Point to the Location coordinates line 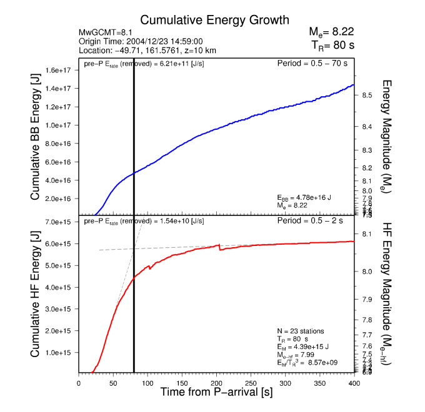click(147, 51)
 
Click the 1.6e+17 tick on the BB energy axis click(59, 70)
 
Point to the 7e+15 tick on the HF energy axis click(59, 222)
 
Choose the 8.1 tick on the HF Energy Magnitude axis click(367, 234)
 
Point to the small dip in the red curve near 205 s click(219, 249)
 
